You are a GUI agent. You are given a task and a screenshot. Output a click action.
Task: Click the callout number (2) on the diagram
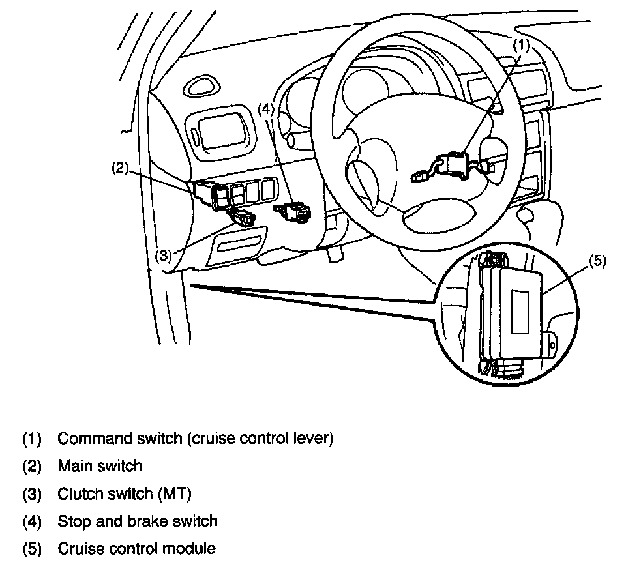pyautogui.click(x=119, y=167)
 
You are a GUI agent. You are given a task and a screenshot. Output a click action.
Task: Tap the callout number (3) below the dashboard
pyautogui.click(x=164, y=256)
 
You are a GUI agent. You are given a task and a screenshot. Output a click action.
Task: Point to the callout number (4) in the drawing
pyautogui.click(x=266, y=110)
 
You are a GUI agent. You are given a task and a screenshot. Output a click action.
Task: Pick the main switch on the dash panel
pyautogui.click(x=209, y=194)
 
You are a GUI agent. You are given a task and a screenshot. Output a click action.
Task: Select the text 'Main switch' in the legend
pyautogui.click(x=99, y=466)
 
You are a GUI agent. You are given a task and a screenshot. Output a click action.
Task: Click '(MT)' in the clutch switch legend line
pyautogui.click(x=174, y=493)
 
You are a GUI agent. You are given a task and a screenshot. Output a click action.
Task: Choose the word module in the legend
pyautogui.click(x=192, y=548)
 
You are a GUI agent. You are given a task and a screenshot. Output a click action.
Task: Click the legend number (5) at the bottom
pyautogui.click(x=32, y=549)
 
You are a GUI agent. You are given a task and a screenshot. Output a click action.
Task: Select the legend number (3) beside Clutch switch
pyautogui.click(x=32, y=494)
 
